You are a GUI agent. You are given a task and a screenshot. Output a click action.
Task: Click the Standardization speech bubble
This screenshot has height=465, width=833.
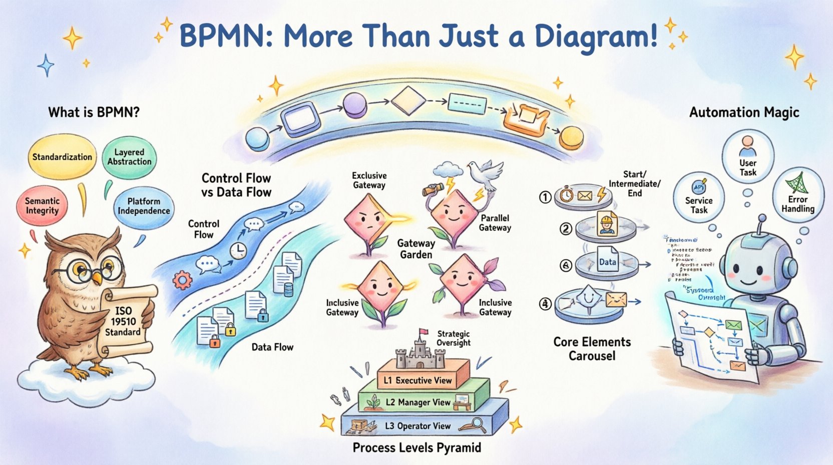coord(62,157)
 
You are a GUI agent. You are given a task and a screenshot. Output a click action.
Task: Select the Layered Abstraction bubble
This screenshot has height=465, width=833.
coord(129,157)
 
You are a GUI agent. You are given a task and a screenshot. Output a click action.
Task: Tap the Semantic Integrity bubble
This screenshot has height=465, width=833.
coord(42,205)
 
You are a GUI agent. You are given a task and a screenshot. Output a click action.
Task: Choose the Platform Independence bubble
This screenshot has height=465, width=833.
coord(144,206)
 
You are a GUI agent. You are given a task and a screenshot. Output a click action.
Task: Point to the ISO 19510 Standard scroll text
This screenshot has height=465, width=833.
coord(123,321)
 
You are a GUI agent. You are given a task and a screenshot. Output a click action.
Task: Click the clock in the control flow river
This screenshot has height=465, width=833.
coord(238,251)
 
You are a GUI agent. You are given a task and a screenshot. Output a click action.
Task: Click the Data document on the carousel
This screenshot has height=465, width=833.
coord(607,261)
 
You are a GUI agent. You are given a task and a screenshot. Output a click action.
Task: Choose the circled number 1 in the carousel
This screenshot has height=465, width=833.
coord(545,197)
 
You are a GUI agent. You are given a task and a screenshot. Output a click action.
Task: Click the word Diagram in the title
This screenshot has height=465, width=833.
coord(596,36)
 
